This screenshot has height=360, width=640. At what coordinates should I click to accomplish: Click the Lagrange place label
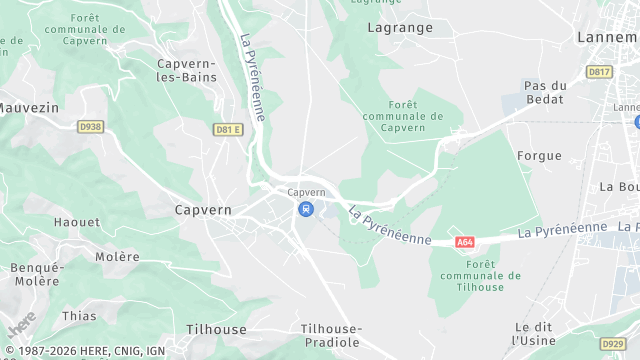(400, 28)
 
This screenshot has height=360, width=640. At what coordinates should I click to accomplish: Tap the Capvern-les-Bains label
(187, 70)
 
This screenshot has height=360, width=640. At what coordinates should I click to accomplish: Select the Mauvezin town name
(30, 106)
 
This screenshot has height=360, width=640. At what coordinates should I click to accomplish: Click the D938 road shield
(90, 127)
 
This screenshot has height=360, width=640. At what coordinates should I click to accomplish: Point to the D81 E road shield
(228, 129)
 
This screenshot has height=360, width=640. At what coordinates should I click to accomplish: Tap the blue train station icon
(306, 210)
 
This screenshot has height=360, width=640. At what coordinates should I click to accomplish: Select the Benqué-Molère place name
(37, 275)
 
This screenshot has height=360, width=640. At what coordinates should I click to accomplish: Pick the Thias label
(79, 316)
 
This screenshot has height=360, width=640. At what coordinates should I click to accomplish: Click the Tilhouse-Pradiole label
(332, 335)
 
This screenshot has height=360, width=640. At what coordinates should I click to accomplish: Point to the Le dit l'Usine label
(535, 334)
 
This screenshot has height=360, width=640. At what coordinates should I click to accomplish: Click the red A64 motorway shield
(464, 242)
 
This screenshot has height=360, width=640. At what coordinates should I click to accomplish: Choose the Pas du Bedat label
(545, 93)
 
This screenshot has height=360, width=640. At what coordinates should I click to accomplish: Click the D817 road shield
(600, 72)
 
